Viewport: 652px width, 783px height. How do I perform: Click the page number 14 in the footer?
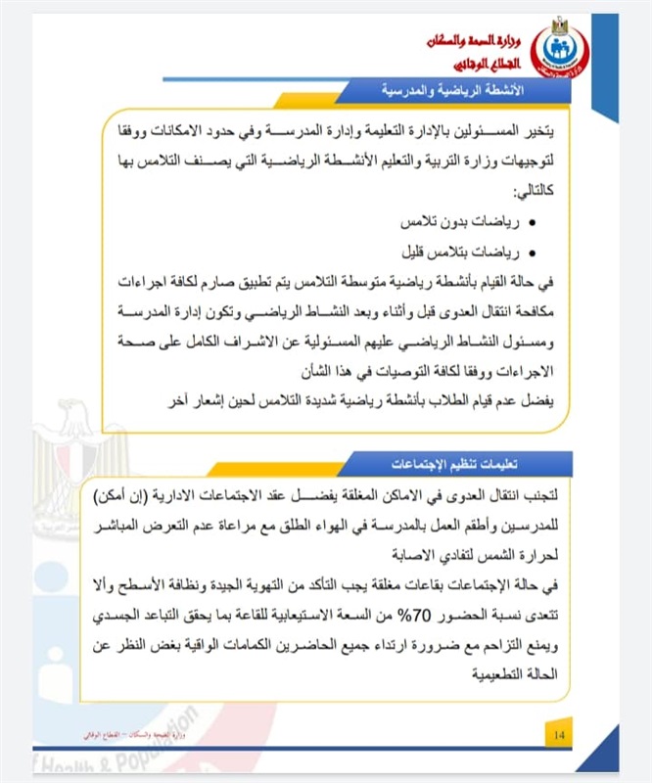559,735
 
